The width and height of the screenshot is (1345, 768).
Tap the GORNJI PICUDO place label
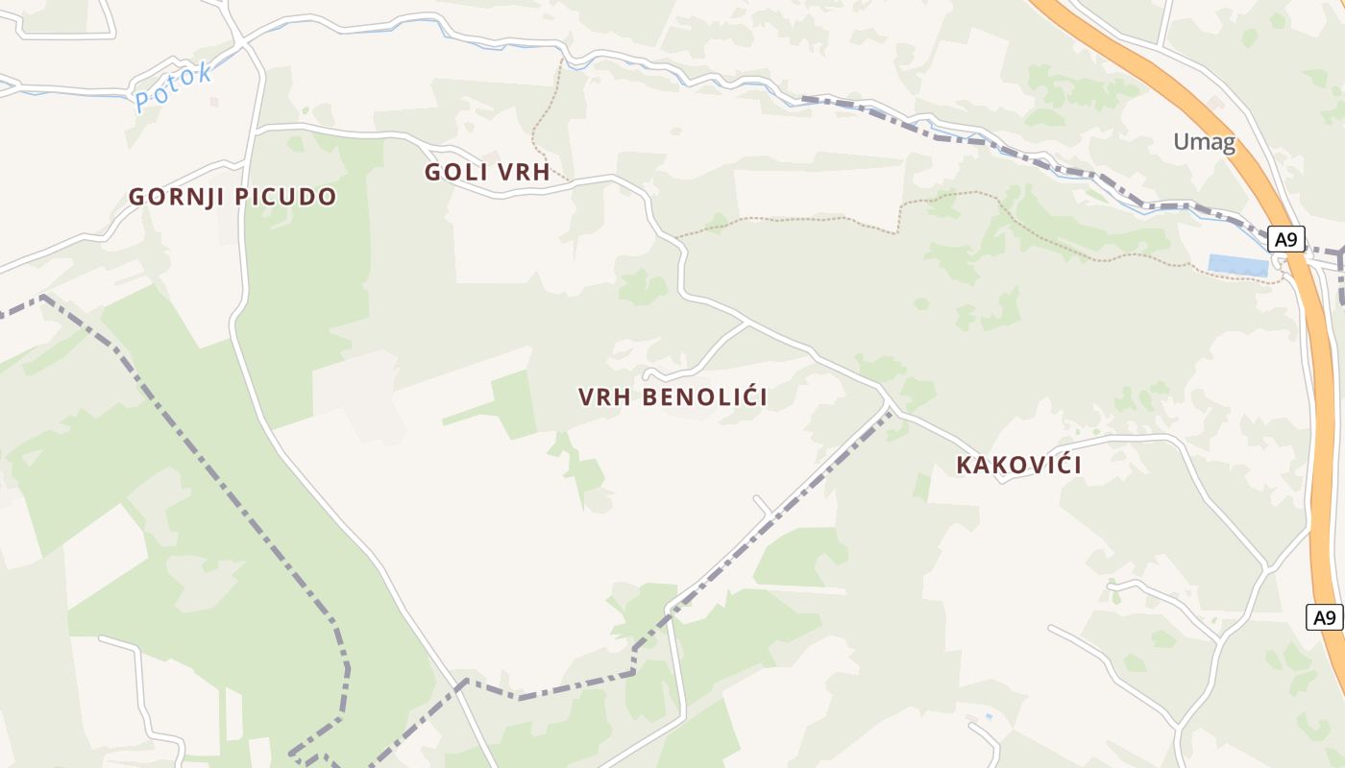tap(232, 197)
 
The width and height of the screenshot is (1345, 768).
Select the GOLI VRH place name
tap(487, 173)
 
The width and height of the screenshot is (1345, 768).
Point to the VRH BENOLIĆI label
tap(672, 396)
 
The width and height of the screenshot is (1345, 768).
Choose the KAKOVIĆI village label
tap(1018, 466)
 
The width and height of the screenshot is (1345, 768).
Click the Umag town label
tap(1204, 143)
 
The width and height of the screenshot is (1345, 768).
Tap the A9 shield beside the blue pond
tap(1285, 239)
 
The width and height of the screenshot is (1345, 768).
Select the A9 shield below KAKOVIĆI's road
tap(1325, 617)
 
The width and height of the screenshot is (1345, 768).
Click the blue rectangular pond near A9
tap(1237, 265)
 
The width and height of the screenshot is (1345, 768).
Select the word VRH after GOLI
tap(521, 173)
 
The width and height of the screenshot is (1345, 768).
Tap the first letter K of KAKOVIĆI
tap(964, 466)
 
